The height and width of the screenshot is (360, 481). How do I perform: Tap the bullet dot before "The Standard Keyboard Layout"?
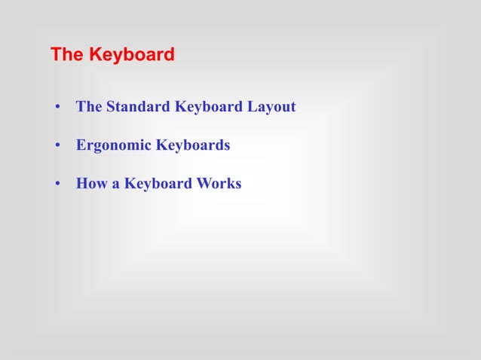(57, 107)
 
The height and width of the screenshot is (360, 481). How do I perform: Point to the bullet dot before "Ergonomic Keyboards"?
(57, 145)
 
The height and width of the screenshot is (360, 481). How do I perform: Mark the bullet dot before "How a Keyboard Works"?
(57, 184)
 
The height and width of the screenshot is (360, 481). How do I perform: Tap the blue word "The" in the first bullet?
(89, 107)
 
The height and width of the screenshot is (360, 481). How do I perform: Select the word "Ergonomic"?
(114, 145)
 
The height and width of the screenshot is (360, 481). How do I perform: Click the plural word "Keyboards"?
(193, 145)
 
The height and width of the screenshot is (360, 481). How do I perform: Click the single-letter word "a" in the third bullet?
(116, 184)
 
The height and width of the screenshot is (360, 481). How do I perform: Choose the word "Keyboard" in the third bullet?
(157, 184)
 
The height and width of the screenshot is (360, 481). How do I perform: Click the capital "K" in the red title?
(95, 55)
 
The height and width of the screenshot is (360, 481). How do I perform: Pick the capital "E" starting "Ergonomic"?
(81, 145)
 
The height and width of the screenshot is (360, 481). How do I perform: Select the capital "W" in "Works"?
(201, 184)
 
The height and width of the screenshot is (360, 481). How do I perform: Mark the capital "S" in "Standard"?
(110, 107)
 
